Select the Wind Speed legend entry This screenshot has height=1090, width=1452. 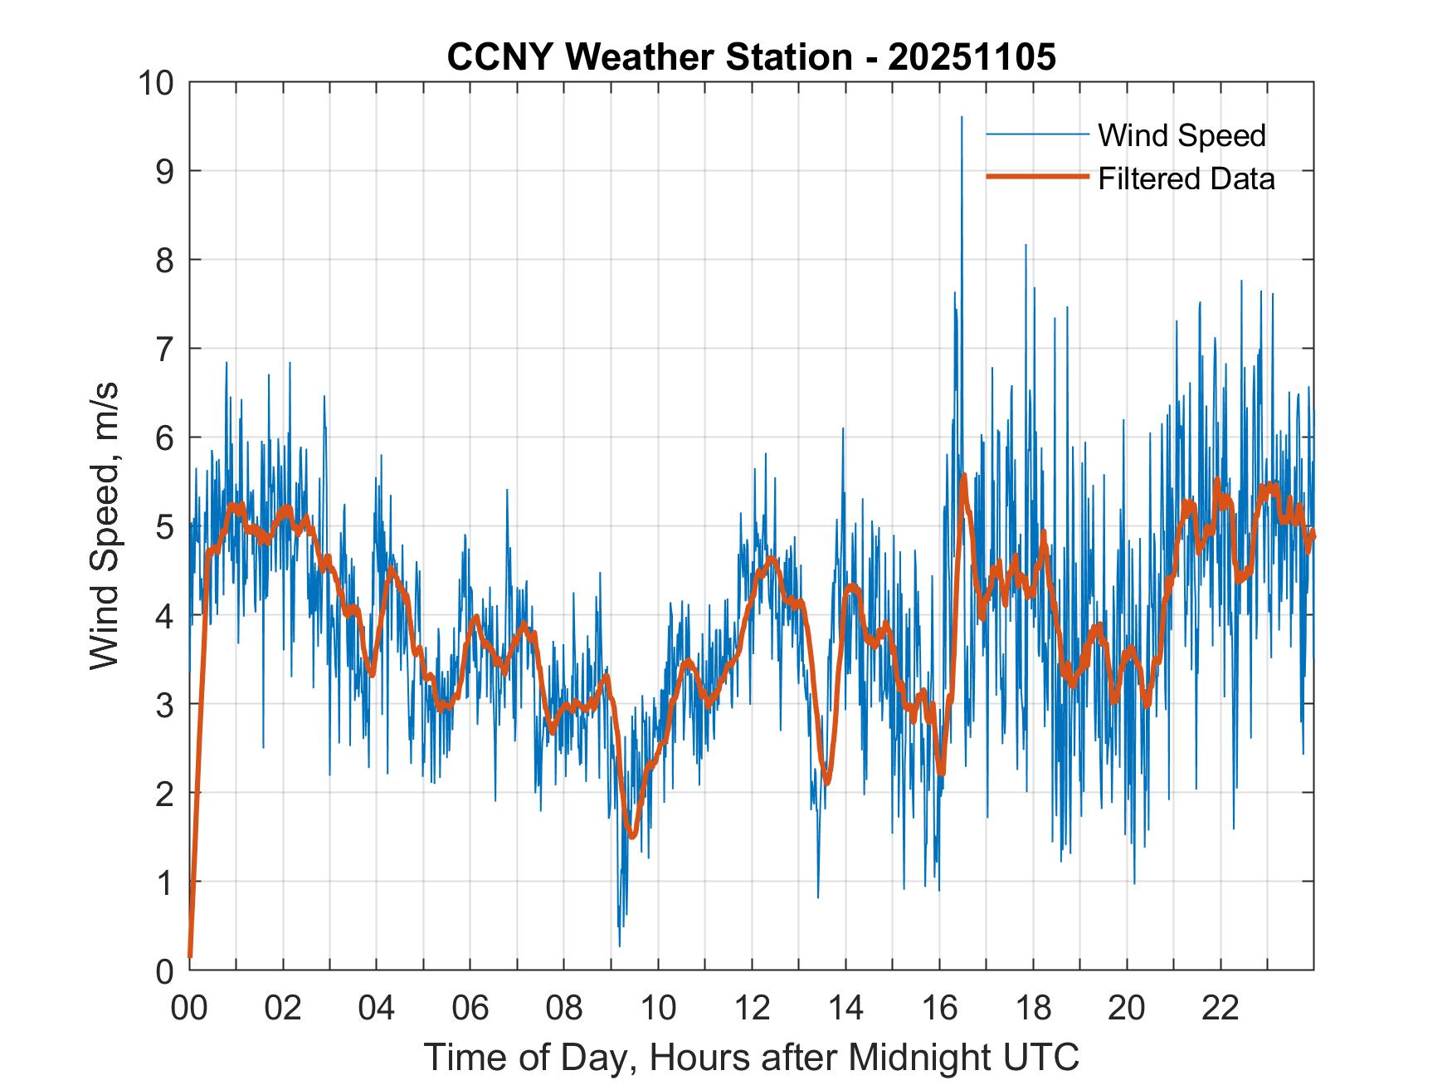(1182, 135)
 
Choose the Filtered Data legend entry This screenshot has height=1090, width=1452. (1186, 178)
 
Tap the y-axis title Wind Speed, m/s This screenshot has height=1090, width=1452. (105, 525)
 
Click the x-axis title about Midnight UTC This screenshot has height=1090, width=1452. (752, 1057)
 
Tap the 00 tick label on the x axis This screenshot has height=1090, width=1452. (189, 1008)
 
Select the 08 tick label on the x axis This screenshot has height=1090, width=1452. (564, 1008)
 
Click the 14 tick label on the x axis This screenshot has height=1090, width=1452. (845, 1008)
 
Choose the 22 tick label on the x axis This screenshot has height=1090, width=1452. (1221, 1008)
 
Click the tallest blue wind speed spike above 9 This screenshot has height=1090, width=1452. (962, 119)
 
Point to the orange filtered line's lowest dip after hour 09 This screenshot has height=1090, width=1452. (632, 835)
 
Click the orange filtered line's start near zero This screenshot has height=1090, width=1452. (191, 955)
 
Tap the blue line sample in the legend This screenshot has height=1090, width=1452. (1036, 134)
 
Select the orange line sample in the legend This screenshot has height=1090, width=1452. (1036, 177)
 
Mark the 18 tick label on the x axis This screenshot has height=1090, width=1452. (1033, 1008)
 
